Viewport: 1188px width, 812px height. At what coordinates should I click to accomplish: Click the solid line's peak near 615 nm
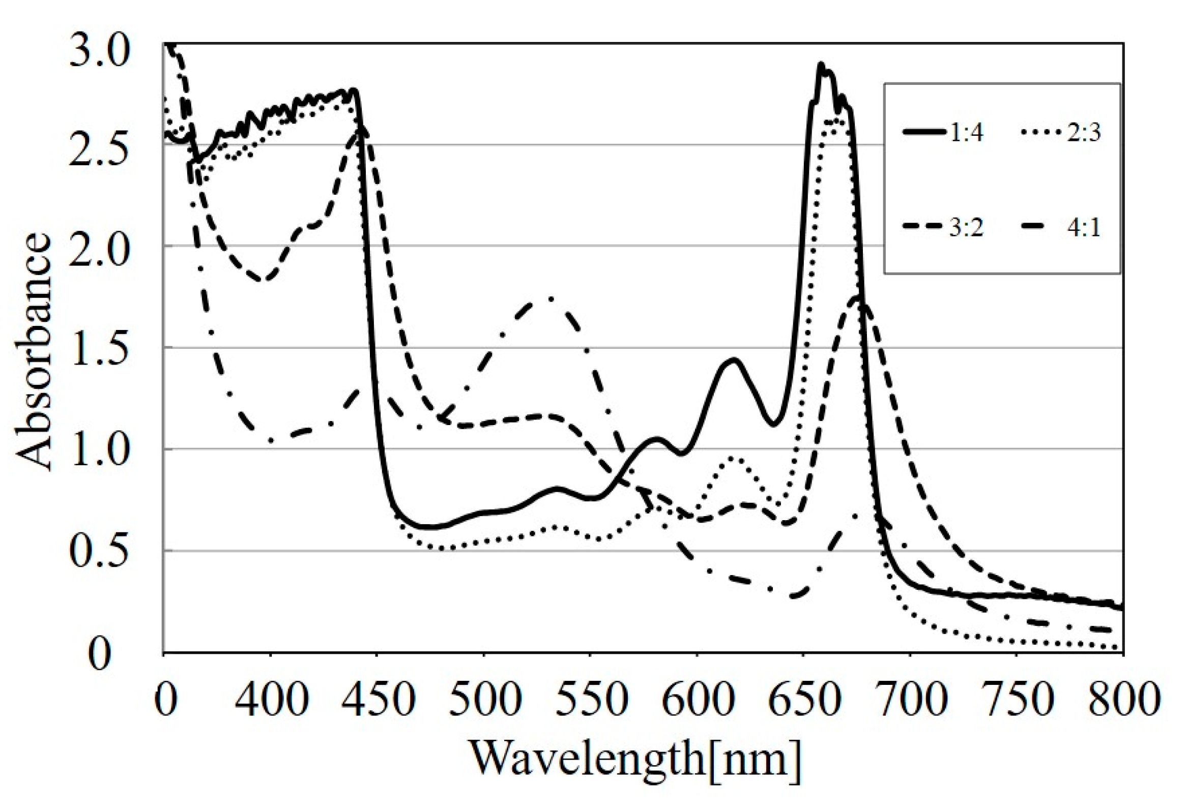(x=734, y=359)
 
